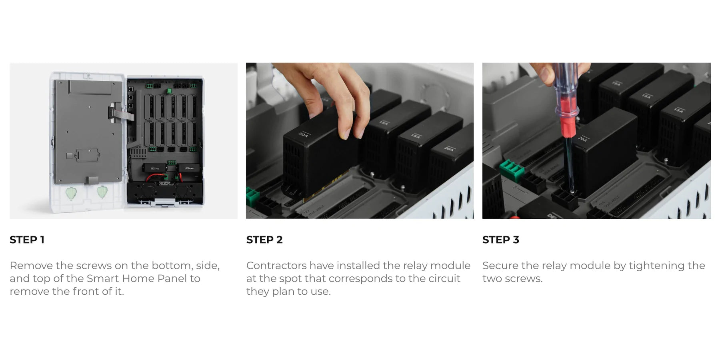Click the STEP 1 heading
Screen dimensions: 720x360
[x=27, y=240]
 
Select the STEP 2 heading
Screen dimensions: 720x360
[x=264, y=240]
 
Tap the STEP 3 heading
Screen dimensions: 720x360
[x=501, y=240]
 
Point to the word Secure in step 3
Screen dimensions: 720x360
[x=500, y=266]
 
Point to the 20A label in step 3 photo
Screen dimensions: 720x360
[x=583, y=139]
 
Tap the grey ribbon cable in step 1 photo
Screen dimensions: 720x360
[x=117, y=114]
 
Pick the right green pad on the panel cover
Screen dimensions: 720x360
[x=103, y=192]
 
